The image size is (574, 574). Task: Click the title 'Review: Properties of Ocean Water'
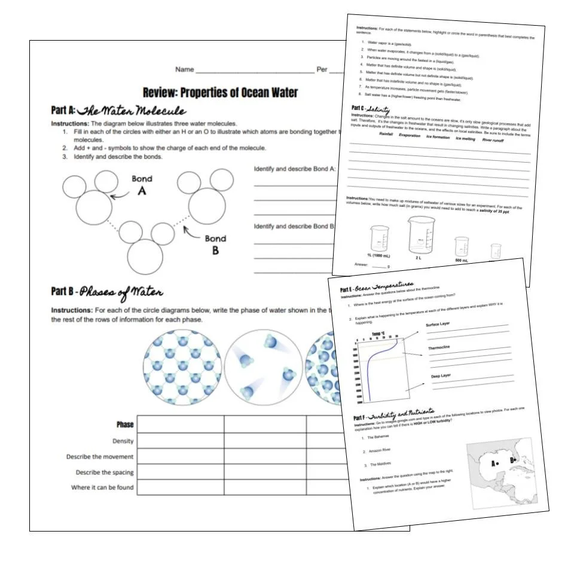pos(220,93)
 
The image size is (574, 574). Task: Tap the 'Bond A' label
pos(142,184)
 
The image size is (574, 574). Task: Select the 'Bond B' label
pos(215,244)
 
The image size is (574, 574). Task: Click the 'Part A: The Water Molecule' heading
pos(118,111)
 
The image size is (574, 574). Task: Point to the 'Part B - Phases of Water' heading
pos(107,292)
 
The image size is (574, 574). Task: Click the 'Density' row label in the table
pos(123,441)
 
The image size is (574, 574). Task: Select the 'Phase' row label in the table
pos(125,425)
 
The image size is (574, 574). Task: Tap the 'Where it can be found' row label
pos(102,487)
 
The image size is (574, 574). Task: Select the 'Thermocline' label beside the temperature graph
pos(439,348)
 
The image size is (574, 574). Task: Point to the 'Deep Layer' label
pos(441,376)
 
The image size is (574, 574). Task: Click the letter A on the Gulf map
pos(492,462)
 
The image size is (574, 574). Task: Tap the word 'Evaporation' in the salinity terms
pos(410,135)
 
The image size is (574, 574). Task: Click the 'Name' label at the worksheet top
pos(184,69)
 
